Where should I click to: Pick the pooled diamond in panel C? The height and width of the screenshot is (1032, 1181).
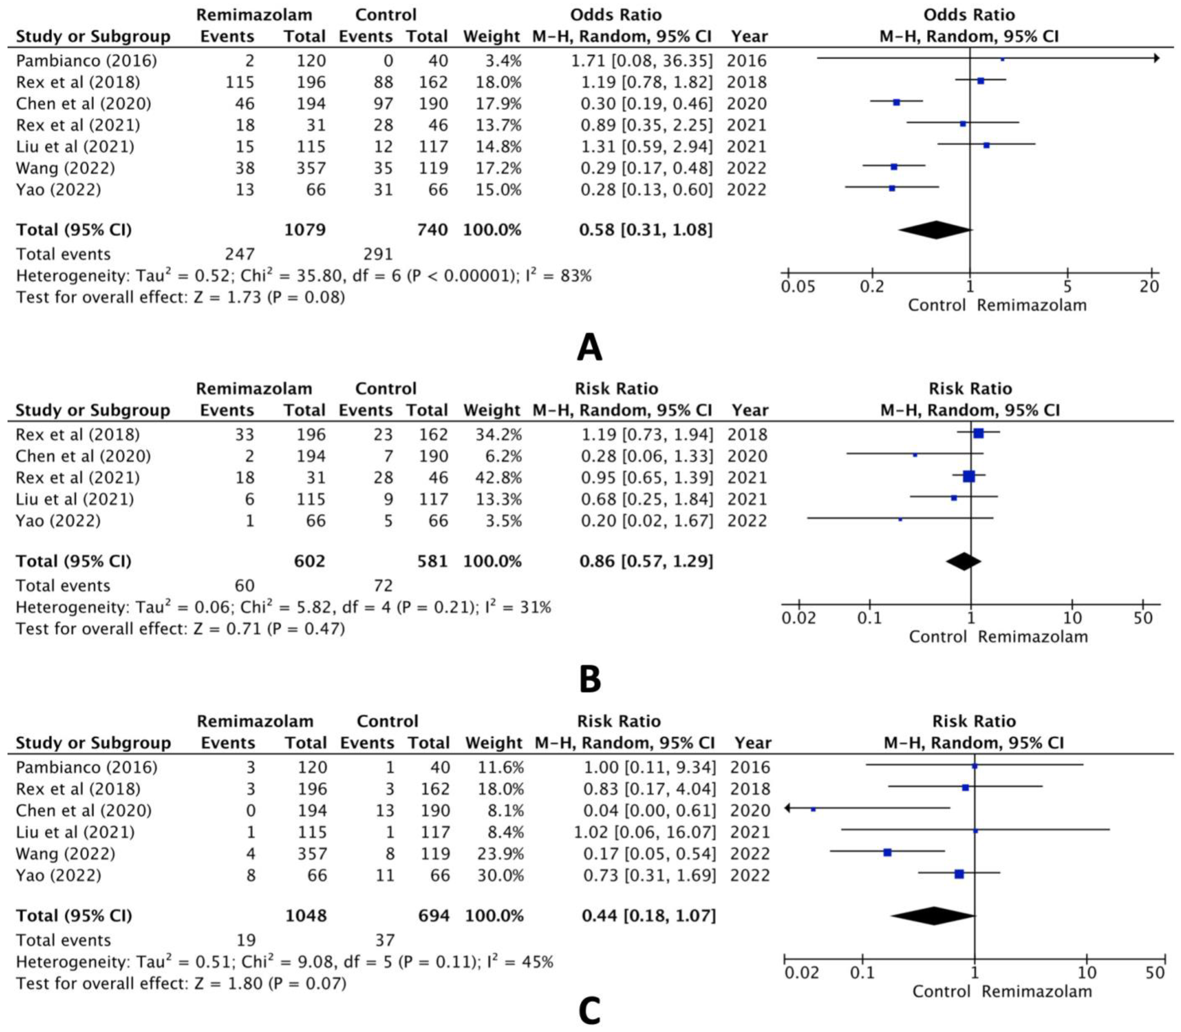point(933,916)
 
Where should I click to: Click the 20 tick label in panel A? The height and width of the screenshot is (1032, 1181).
point(1149,286)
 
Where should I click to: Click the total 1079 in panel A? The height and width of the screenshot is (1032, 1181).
point(305,230)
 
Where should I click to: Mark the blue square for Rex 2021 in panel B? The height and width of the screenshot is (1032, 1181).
point(969,476)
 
